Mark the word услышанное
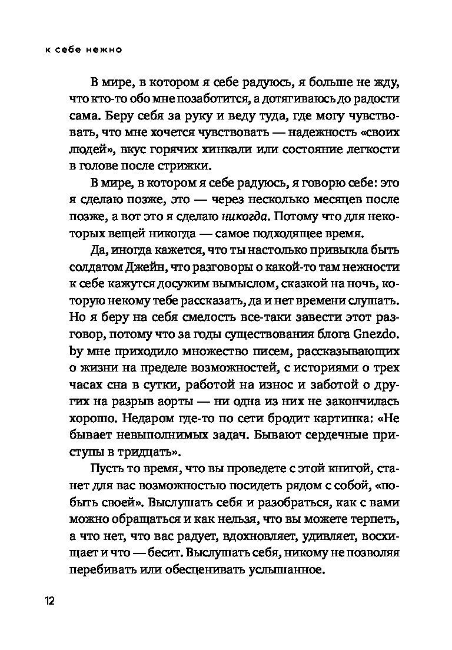tap(280, 570)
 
